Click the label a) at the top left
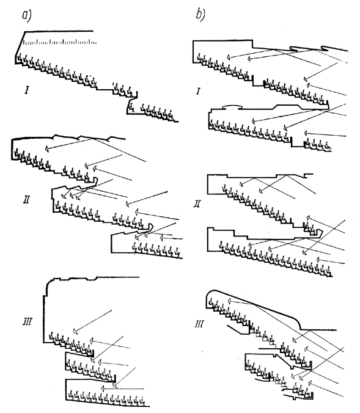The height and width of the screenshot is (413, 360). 27,15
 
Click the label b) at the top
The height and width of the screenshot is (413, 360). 200,14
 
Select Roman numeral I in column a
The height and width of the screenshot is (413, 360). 27,90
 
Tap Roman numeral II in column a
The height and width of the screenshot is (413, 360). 26,199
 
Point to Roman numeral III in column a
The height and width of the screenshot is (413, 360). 28,321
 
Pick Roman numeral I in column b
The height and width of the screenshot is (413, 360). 198,91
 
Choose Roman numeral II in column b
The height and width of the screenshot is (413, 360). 197,203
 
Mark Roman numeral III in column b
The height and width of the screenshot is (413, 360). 199,323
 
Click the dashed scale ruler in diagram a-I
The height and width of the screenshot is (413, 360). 60,42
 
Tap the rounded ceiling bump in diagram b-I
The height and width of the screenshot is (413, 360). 232,106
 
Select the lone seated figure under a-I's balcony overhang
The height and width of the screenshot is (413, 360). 131,107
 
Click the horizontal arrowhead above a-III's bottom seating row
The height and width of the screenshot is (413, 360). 103,389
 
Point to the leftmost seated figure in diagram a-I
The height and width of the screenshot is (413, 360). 19,57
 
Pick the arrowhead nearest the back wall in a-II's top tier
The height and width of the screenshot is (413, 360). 46,149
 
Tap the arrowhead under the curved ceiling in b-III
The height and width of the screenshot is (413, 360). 229,301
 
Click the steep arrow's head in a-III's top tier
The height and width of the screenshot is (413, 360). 75,331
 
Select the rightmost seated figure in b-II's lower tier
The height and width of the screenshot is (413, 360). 328,271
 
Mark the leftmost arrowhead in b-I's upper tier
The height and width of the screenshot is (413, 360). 229,57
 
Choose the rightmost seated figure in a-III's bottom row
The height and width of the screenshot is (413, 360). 142,401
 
